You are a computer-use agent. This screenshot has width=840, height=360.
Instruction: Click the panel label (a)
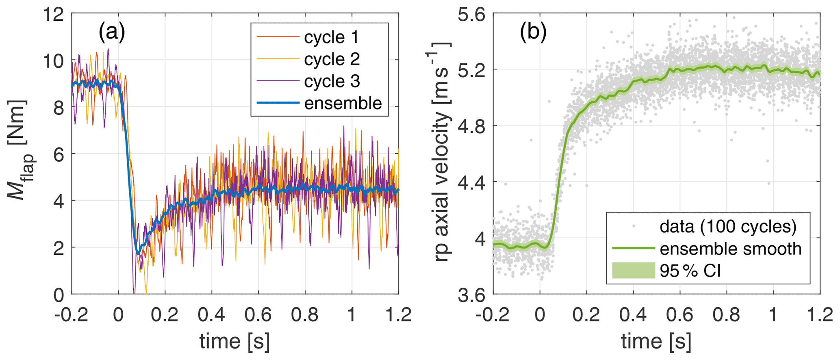[x=112, y=33]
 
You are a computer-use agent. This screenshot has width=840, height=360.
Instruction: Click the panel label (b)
[x=533, y=33]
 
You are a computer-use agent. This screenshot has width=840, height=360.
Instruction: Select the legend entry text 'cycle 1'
[x=332, y=37]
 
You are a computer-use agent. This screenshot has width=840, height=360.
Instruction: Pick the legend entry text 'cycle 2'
[x=332, y=59]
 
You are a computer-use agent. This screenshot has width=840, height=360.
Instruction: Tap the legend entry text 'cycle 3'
[x=332, y=81]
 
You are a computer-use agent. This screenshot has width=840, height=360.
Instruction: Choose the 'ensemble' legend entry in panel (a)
[x=343, y=103]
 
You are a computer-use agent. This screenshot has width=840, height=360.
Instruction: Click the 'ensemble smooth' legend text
[x=730, y=249]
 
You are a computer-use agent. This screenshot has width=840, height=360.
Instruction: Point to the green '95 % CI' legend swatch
[x=634, y=271]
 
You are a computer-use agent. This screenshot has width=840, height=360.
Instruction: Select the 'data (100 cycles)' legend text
[x=727, y=227]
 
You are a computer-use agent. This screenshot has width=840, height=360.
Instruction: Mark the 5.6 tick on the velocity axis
[x=471, y=15]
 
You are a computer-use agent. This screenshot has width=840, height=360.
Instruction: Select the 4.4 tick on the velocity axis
[x=471, y=182]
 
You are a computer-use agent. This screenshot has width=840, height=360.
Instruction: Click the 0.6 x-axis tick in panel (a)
[x=258, y=315]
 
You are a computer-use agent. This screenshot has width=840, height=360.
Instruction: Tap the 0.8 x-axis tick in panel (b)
[x=726, y=315]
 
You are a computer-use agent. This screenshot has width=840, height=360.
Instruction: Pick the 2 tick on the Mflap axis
[x=60, y=247]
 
